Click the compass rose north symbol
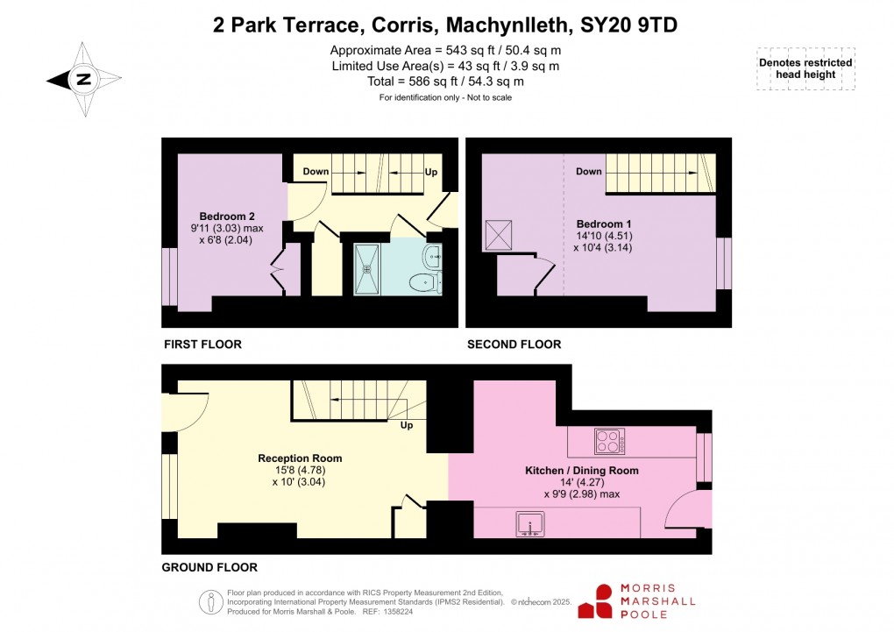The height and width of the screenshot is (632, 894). (x=83, y=79)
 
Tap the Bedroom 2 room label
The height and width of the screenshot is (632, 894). (x=227, y=217)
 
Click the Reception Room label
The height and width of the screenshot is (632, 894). (x=300, y=458)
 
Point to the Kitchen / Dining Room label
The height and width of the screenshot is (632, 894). (x=581, y=471)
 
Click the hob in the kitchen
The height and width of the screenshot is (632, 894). (x=610, y=441)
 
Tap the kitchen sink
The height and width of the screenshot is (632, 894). (x=530, y=524)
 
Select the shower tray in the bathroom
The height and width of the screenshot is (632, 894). (x=369, y=268)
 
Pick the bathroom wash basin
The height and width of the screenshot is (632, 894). (x=432, y=256)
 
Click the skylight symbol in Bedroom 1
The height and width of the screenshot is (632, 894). (x=500, y=235)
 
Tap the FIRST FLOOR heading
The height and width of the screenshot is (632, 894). (x=202, y=344)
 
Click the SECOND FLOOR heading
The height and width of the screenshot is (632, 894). (x=514, y=344)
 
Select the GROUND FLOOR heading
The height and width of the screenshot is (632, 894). (x=209, y=567)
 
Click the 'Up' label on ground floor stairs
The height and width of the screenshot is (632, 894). (x=407, y=426)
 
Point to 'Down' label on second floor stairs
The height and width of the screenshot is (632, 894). (x=589, y=172)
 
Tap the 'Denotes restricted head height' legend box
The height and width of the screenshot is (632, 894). (x=805, y=69)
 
